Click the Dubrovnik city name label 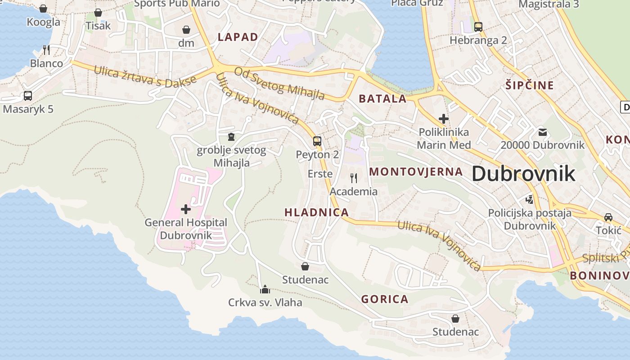[523, 174]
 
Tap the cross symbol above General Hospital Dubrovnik [185, 209]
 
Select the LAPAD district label [238, 37]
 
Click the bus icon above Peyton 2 [317, 141]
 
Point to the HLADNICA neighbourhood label [317, 212]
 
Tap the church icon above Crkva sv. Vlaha [265, 289]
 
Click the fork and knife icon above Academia [354, 178]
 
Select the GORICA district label [385, 299]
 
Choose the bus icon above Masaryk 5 [28, 96]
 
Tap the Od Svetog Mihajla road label [279, 84]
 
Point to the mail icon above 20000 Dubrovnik [543, 132]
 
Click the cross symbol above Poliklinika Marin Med [444, 119]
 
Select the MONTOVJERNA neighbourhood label [416, 171]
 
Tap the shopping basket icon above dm [186, 30]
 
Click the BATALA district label [382, 99]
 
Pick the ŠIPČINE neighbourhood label [530, 85]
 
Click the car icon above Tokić [608, 217]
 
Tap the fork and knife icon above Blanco [46, 49]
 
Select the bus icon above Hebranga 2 [478, 27]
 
